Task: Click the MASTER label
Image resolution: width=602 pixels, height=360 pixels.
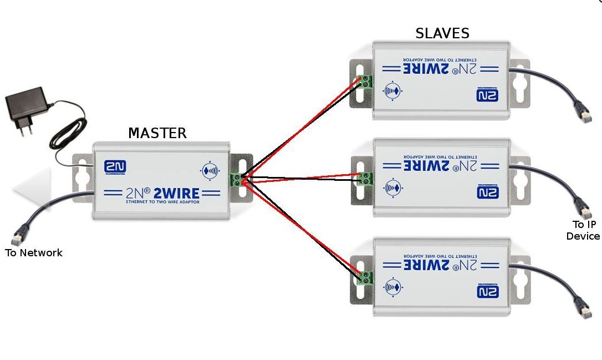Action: [x=157, y=133]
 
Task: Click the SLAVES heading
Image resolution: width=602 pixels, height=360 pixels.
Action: [x=442, y=33]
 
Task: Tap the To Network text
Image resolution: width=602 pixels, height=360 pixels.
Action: [x=34, y=253]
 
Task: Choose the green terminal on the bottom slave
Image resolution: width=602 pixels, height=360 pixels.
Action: [x=365, y=276]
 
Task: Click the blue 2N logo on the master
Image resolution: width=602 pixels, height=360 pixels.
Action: [x=115, y=168]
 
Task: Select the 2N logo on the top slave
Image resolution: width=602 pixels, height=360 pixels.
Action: [x=487, y=95]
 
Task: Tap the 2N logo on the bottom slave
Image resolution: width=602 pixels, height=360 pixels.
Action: [x=487, y=290]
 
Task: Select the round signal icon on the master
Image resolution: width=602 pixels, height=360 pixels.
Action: [x=210, y=171]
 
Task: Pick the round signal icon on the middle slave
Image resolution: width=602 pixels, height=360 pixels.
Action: [x=393, y=187]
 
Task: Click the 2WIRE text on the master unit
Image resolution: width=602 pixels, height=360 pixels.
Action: [x=176, y=193]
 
